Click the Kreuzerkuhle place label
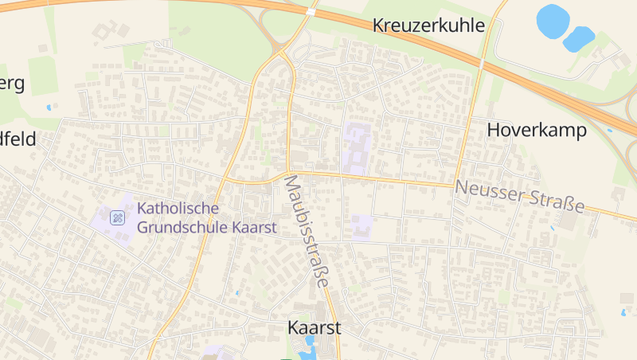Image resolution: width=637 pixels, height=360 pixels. click(428, 25)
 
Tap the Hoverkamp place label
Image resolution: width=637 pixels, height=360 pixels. click(536, 129)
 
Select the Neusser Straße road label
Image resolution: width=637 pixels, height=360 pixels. click(520, 196)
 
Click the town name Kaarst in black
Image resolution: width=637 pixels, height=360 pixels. click(314, 327)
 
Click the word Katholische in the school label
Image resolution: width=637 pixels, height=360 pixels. click(178, 209)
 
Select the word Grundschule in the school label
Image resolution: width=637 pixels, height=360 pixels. click(182, 227)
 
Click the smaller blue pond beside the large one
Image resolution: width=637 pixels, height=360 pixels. click(580, 37)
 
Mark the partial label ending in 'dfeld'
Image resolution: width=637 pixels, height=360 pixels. click(18, 139)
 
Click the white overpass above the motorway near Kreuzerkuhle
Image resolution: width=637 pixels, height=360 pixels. click(311, 11)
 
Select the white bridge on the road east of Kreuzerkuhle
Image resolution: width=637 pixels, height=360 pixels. click(482, 61)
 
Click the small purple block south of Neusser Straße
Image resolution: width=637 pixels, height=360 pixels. click(362, 227)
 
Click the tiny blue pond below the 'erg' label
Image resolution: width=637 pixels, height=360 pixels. click(49, 107)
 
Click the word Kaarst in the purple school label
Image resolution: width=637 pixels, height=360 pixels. click(254, 227)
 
